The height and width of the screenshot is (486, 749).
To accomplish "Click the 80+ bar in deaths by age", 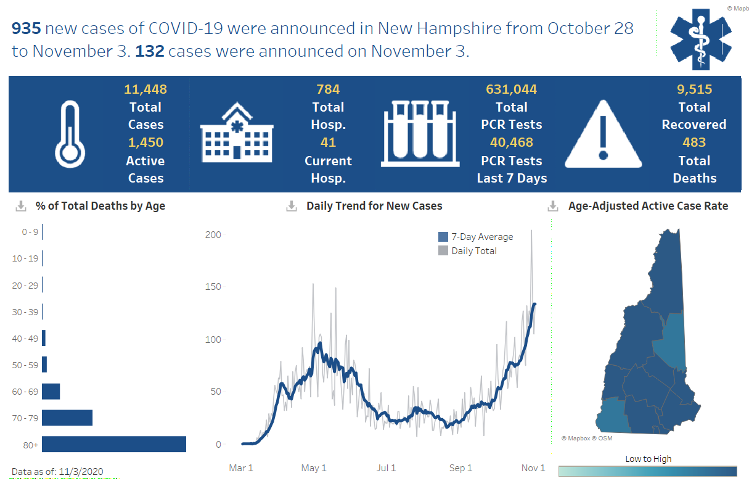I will pos(114,444).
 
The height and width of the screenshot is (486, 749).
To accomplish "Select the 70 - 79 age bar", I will pos(67,418).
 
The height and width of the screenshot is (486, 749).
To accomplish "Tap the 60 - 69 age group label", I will pos(25,391).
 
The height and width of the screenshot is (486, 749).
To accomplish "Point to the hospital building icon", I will pos(237,134).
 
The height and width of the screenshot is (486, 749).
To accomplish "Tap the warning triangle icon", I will pos(604,134).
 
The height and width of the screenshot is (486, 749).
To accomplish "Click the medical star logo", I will pos(700,38).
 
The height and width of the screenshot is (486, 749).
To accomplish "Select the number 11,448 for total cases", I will pos(145,89).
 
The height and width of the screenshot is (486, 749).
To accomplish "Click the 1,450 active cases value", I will pos(145,142).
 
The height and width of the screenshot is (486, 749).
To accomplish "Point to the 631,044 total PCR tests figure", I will pos(511,89).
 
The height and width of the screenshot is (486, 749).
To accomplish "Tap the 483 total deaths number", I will pos(694,142).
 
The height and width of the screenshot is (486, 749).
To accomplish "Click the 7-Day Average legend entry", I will pos(475,237).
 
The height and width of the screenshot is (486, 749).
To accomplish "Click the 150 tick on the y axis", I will pos(213,287).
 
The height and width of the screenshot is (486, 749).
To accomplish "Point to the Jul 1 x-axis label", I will pos(386,468).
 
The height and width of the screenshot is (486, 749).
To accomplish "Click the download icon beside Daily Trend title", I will pos(292,206).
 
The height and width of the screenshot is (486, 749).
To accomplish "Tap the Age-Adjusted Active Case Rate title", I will pos(648,206).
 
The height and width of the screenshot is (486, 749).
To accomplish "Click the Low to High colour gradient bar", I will pos(647,471).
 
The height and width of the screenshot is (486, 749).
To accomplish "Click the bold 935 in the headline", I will pos(26,28).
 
